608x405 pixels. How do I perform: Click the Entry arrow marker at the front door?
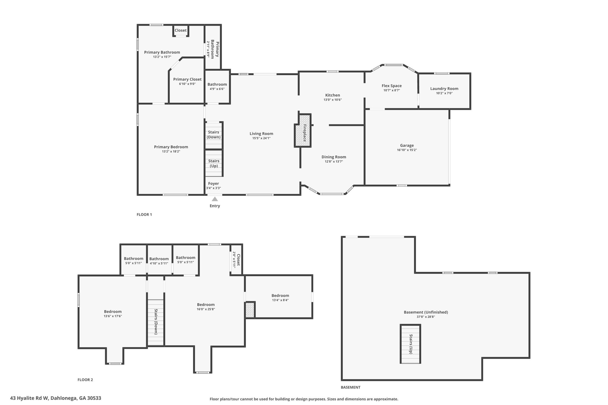[x=215, y=199]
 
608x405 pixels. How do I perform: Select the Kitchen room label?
[x=332, y=95]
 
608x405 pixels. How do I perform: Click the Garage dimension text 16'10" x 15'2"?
[x=407, y=150]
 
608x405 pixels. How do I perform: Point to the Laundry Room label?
[x=444, y=88]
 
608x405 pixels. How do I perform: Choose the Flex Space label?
[x=392, y=86]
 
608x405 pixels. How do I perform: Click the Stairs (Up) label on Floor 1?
[x=214, y=163]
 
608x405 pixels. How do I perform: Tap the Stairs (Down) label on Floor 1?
[x=213, y=135]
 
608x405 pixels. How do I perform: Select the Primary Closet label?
[x=187, y=79]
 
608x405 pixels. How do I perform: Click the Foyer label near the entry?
[x=213, y=184]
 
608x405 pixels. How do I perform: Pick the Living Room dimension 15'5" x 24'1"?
[x=261, y=138]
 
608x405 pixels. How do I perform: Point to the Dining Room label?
[x=334, y=157]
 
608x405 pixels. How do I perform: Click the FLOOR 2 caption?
[x=85, y=380]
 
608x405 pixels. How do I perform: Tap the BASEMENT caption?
[x=350, y=387]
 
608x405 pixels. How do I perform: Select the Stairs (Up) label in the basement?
[x=411, y=344]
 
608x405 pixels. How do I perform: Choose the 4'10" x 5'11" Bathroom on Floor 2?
[x=159, y=261]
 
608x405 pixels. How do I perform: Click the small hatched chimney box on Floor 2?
[x=250, y=310]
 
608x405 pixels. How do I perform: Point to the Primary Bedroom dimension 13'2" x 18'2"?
[x=171, y=152]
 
